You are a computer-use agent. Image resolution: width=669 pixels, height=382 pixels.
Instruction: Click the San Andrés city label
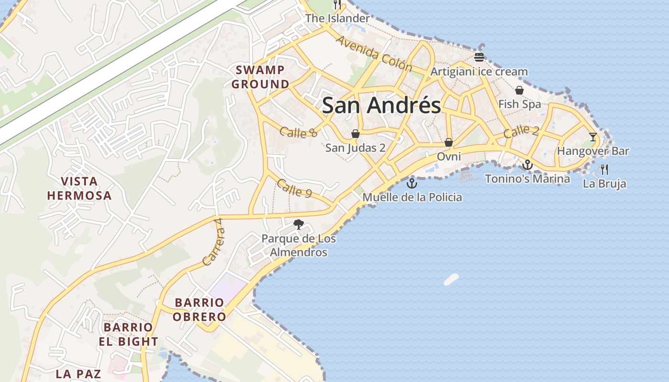click(x=381, y=106)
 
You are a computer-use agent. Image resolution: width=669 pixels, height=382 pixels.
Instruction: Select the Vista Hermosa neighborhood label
click(x=79, y=188)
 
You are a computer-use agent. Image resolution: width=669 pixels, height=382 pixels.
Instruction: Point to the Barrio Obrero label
click(x=199, y=309)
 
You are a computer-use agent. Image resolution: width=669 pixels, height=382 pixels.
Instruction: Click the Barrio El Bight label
click(x=128, y=334)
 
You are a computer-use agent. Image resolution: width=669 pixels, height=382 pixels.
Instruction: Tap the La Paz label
click(x=78, y=373)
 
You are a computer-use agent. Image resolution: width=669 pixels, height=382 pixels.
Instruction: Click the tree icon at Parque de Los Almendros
click(x=299, y=224)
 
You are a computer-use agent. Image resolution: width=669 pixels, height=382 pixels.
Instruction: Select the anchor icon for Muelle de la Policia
click(x=412, y=183)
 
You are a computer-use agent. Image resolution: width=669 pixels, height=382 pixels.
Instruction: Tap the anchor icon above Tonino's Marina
click(x=527, y=165)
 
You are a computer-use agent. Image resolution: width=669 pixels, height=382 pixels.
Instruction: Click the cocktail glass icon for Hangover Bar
click(x=593, y=137)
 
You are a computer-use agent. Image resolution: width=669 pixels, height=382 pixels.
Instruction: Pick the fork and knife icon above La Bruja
click(x=604, y=169)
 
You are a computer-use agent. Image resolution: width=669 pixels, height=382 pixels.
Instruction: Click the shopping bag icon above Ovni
click(x=448, y=142)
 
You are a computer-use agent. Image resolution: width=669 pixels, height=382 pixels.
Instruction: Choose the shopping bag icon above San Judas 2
click(x=355, y=134)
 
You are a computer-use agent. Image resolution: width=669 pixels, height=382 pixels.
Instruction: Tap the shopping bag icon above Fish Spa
click(x=519, y=90)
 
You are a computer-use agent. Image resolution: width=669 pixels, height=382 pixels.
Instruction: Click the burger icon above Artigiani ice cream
click(x=479, y=57)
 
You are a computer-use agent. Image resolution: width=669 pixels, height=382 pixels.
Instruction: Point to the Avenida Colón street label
click(x=374, y=53)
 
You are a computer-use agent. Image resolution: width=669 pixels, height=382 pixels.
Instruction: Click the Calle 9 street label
click(x=294, y=188)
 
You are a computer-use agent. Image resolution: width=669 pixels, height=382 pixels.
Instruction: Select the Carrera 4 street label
click(x=213, y=242)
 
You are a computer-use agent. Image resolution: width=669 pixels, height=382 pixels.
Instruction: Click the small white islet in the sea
click(x=451, y=279)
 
